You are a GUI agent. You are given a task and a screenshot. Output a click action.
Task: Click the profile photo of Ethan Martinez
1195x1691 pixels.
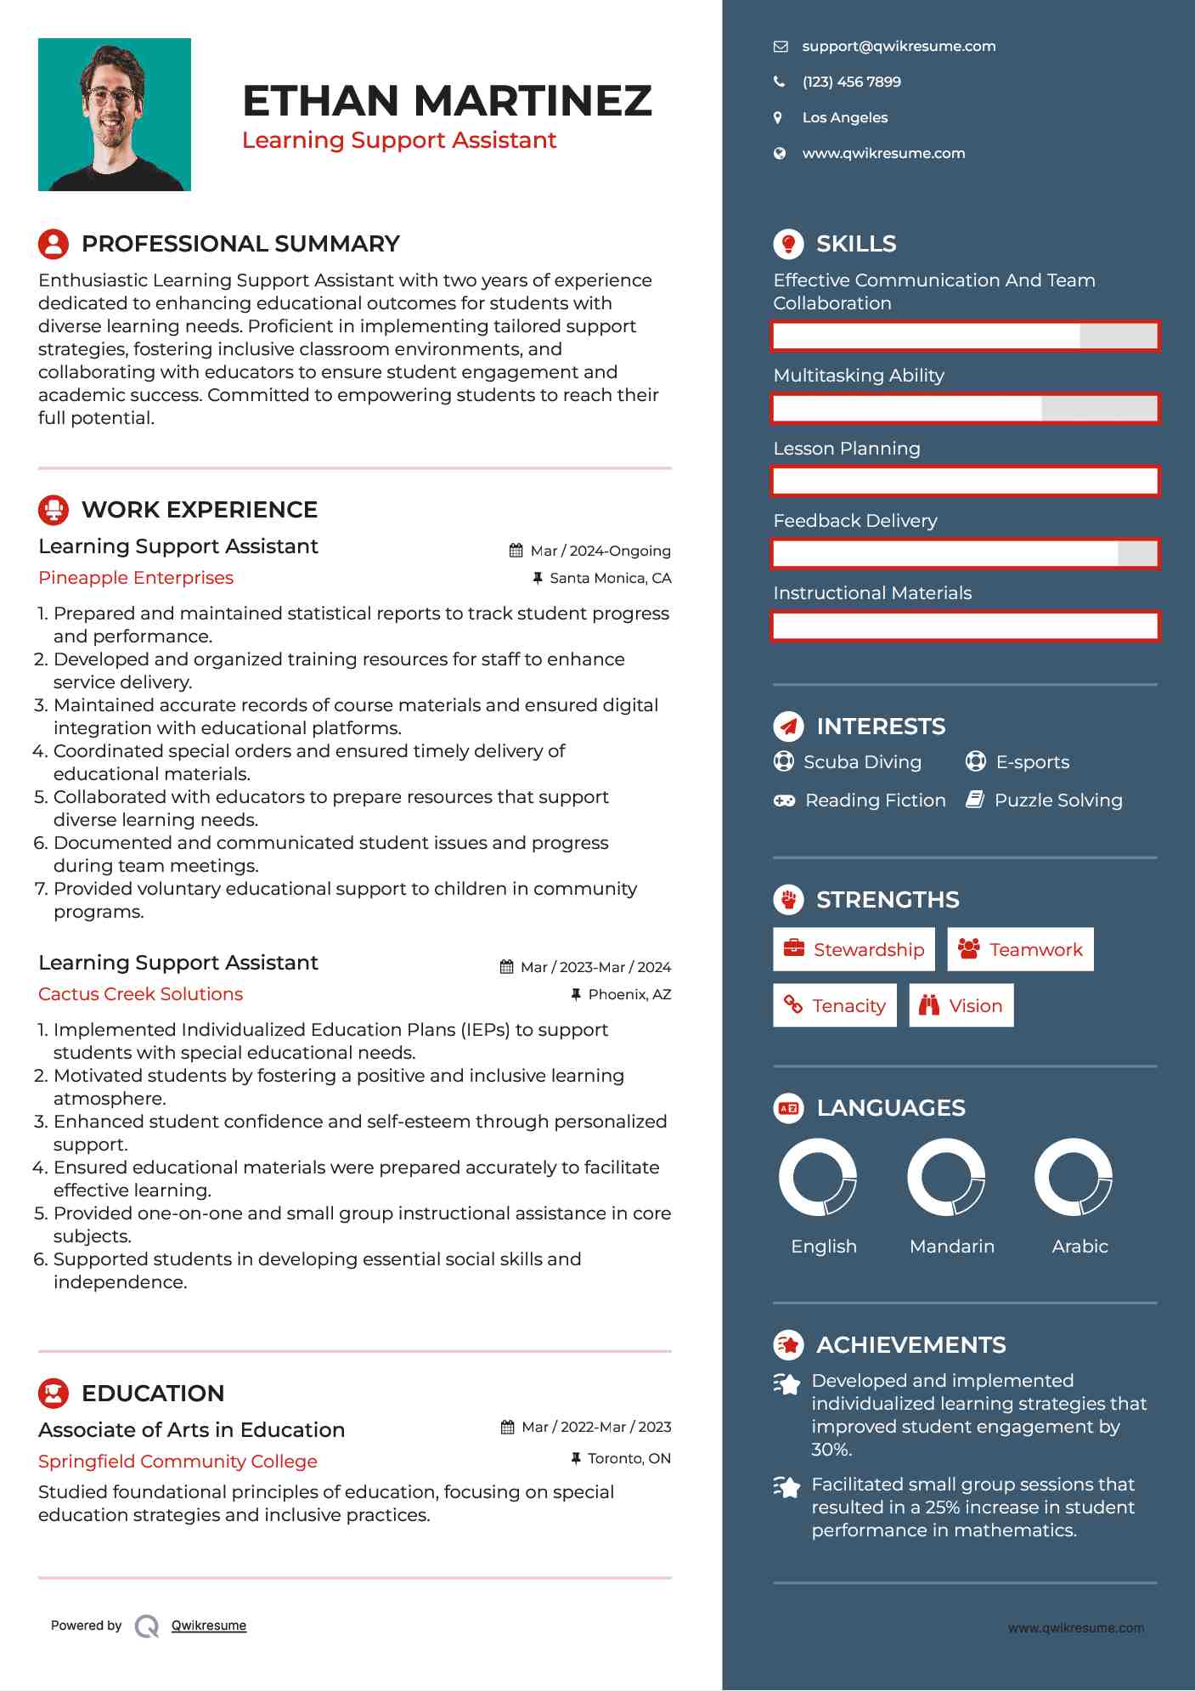[115, 115]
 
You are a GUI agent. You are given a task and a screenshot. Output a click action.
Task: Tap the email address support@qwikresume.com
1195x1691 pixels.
[899, 47]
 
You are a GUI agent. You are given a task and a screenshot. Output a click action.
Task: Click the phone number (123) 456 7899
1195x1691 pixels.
[851, 82]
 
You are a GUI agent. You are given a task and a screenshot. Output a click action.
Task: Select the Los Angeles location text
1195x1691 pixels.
[844, 118]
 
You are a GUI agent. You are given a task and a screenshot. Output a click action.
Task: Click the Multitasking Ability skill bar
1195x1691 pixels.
[965, 409]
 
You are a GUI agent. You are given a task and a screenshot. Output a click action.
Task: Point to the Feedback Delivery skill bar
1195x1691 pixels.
[965, 554]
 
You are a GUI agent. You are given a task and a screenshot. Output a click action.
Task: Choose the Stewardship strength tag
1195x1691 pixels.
[854, 950]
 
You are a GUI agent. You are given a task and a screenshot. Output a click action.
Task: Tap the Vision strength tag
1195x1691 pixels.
[961, 1006]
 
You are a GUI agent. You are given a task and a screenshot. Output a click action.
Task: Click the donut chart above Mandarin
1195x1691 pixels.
[945, 1178]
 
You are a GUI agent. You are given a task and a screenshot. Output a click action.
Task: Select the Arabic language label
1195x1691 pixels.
[1079, 1247]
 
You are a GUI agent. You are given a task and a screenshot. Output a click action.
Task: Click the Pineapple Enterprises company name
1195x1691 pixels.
[136, 578]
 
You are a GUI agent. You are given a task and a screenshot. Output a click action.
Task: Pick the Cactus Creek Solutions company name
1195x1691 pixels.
[140, 994]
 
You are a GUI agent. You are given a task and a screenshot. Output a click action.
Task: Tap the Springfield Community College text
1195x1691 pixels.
[178, 1462]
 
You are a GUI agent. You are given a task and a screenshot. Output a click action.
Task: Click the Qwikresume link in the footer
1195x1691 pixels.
[209, 1626]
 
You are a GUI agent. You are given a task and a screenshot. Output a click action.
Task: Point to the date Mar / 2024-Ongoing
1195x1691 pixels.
[600, 551]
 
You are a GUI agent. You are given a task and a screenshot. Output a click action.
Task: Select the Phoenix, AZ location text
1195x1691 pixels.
[629, 995]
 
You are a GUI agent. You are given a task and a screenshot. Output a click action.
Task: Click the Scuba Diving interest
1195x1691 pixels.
[861, 762]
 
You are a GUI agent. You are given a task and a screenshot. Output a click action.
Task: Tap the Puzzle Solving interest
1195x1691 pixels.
[1057, 800]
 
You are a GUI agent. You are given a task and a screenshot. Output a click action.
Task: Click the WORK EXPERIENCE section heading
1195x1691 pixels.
[199, 510]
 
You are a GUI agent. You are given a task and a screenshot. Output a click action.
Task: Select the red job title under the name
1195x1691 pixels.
[399, 140]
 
